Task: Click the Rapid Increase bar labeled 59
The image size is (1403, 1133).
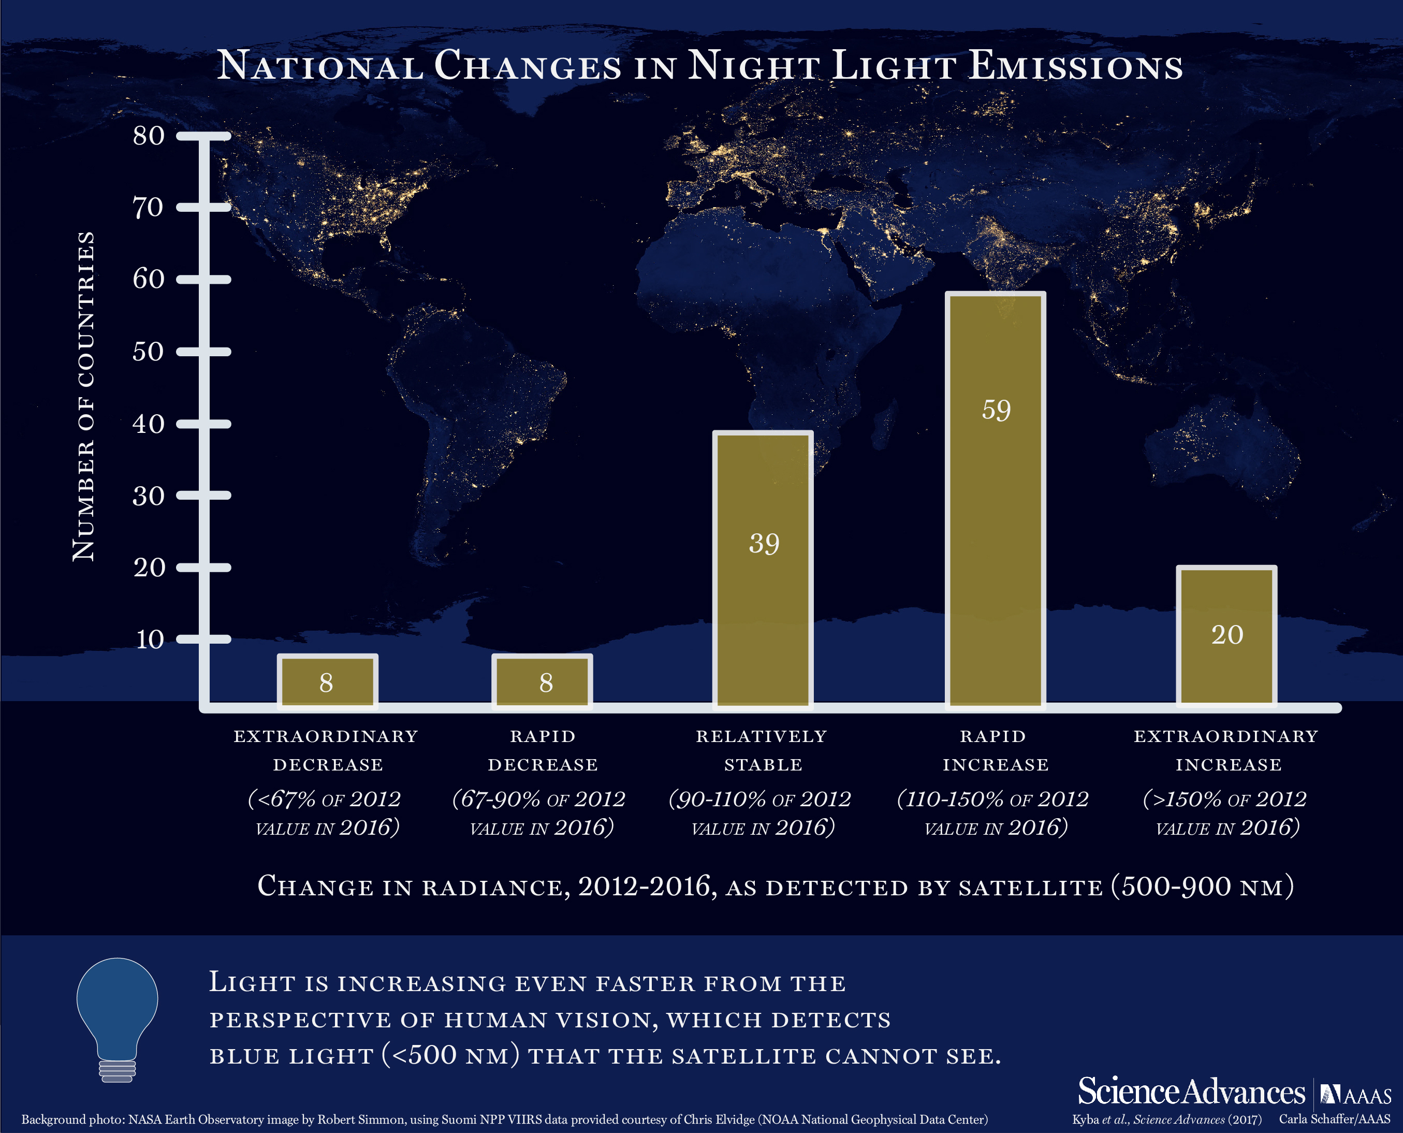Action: tap(995, 500)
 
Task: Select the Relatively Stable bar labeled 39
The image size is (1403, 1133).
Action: tap(763, 569)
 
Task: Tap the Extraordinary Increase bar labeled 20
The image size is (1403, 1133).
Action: tap(1226, 636)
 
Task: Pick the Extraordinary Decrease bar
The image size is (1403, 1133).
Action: tap(327, 681)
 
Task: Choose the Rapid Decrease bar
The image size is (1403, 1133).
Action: tap(542, 681)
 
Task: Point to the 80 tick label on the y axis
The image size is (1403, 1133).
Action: tap(149, 136)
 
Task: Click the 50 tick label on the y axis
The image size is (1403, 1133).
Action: tap(149, 352)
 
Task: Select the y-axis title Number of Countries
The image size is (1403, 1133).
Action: tap(83, 396)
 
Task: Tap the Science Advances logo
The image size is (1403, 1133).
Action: tap(1191, 1091)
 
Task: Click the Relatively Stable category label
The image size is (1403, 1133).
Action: tap(762, 750)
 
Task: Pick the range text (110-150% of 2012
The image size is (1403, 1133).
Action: tap(993, 799)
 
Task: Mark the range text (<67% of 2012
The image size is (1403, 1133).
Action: tap(324, 799)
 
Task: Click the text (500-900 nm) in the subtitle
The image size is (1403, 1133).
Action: tap(1202, 887)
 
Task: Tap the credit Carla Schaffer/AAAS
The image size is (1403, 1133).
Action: tap(1335, 1119)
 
